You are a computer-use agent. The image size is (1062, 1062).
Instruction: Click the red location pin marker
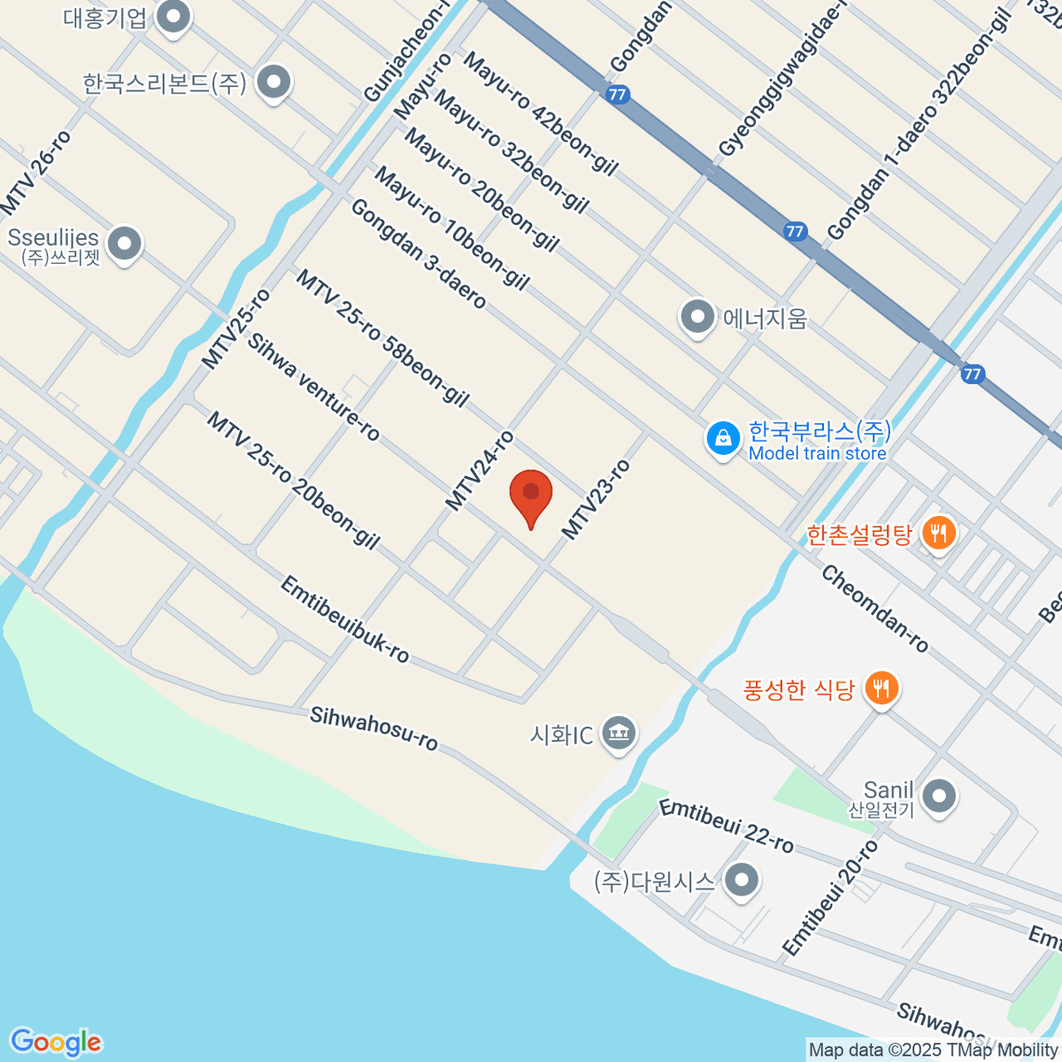click(531, 496)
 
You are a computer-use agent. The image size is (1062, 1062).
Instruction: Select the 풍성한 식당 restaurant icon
click(881, 688)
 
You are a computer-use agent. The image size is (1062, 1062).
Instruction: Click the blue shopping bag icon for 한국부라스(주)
click(723, 438)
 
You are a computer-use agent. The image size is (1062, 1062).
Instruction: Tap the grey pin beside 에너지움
click(697, 317)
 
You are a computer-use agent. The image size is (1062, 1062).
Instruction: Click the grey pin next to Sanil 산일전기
click(939, 796)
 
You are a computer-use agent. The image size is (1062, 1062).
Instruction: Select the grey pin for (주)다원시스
click(742, 881)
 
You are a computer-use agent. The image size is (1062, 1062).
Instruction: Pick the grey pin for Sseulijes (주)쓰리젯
click(124, 243)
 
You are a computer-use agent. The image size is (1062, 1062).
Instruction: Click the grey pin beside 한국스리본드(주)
click(273, 83)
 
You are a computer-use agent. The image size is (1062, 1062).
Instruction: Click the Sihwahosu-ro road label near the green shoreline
click(373, 728)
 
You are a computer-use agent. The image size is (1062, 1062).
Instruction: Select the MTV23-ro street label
click(596, 500)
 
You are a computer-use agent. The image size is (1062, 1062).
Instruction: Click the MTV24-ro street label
click(479, 471)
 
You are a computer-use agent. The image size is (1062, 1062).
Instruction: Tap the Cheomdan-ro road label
click(874, 609)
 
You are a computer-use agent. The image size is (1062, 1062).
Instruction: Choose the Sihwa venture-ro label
click(313, 387)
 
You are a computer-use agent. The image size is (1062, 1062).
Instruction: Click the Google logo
click(56, 1043)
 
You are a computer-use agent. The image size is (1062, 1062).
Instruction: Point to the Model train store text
click(817, 454)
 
